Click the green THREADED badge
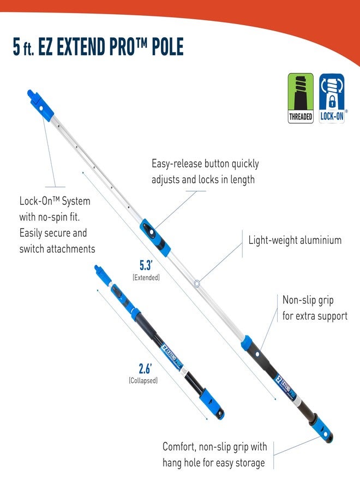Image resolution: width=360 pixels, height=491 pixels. pyautogui.click(x=301, y=98)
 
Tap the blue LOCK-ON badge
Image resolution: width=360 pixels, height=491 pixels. pyautogui.click(x=332, y=98)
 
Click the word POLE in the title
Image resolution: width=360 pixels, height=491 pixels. pyautogui.click(x=167, y=47)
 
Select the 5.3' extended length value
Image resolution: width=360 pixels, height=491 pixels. pyautogui.click(x=146, y=265)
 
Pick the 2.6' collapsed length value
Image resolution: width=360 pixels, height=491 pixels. pyautogui.click(x=145, y=369)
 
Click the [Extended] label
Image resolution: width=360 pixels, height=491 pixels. pyautogui.click(x=146, y=278)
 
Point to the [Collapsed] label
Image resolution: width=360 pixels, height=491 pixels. pyautogui.click(x=143, y=380)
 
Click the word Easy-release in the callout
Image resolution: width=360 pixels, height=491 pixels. pyautogui.click(x=177, y=164)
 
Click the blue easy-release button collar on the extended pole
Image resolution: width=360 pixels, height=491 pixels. pyautogui.click(x=155, y=237)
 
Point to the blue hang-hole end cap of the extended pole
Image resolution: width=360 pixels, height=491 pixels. pyautogui.click(x=322, y=429)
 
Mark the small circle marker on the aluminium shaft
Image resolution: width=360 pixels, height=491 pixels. pyautogui.click(x=197, y=284)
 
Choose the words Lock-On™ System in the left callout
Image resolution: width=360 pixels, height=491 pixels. pyautogui.click(x=55, y=201)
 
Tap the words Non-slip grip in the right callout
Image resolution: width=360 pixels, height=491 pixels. pyautogui.click(x=308, y=300)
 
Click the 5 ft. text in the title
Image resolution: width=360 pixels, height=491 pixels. pyautogui.click(x=23, y=47)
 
